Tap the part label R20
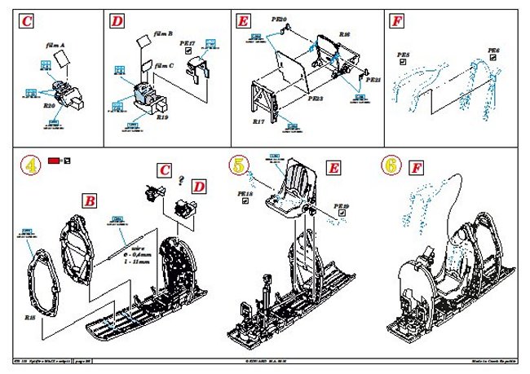50,106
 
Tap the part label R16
344,35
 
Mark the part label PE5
403,55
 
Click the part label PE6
492,51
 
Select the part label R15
30,315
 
